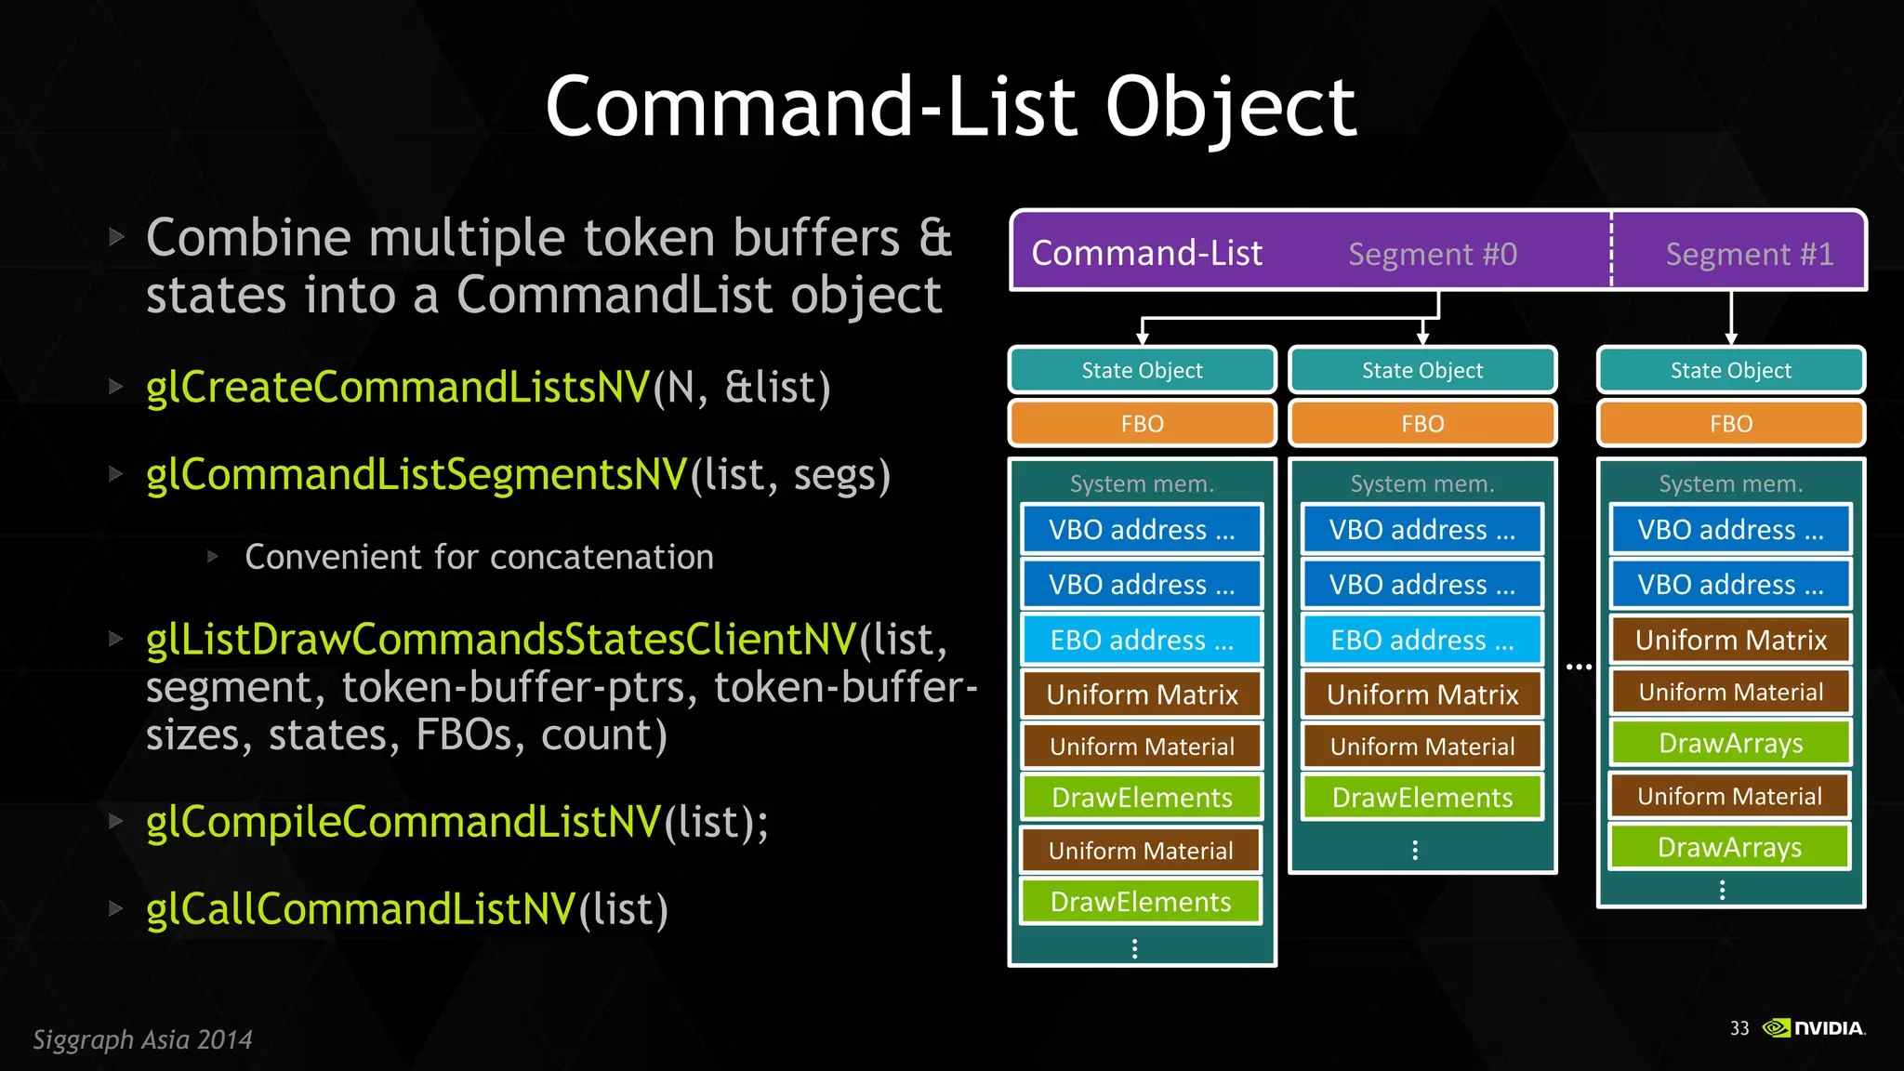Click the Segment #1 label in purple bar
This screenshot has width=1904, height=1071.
1749,254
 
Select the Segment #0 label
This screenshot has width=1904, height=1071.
1433,254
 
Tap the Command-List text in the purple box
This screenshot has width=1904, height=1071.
1146,253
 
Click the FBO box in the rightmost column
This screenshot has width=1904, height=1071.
1730,424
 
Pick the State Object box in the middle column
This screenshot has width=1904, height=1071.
1421,370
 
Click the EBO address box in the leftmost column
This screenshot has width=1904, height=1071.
1142,640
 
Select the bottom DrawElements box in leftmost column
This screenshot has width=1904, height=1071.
1141,902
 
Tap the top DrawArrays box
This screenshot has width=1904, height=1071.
1730,743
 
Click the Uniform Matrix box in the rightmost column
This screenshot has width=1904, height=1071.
1730,640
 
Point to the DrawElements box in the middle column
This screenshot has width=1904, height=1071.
1421,798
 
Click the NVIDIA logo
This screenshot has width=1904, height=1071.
1814,1027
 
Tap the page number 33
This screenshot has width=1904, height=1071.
1739,1028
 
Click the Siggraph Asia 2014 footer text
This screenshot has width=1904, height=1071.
142,1039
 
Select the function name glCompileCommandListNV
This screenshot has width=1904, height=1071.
403,822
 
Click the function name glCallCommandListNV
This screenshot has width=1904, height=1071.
361,909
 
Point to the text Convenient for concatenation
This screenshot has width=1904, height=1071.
479,557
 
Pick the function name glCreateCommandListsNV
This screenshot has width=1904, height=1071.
398,388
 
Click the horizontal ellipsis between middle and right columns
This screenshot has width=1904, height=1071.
1579,667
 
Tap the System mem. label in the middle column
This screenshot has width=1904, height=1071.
1421,483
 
